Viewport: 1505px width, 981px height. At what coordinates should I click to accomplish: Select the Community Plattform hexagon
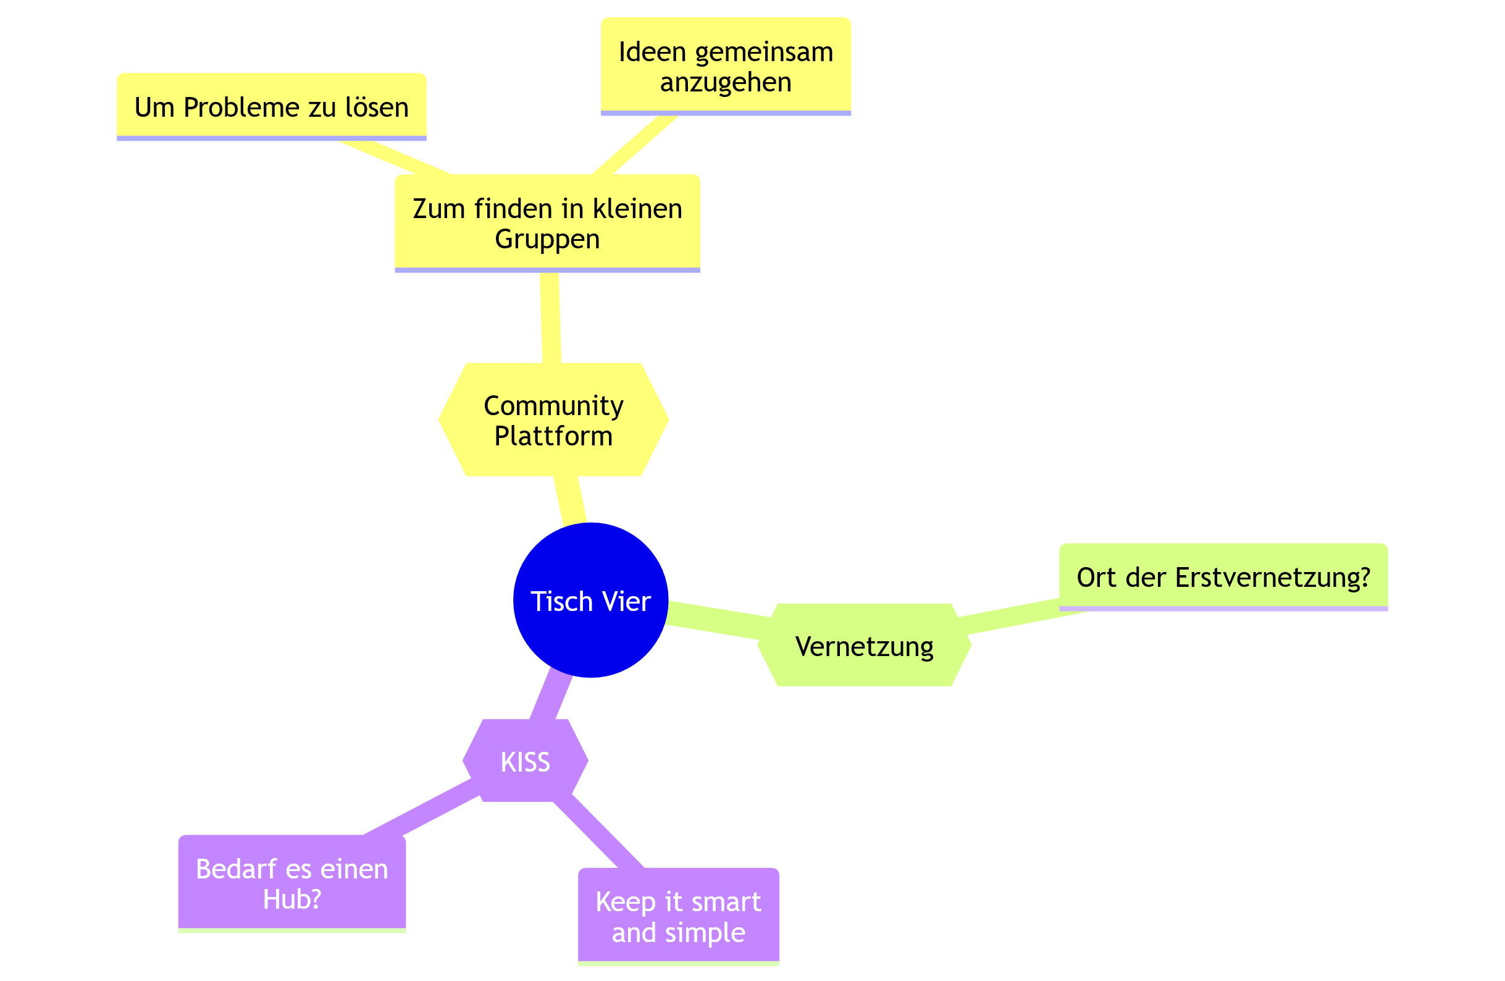553,420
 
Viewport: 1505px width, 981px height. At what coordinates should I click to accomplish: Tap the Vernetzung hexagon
864,646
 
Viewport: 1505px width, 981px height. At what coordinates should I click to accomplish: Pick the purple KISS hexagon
525,762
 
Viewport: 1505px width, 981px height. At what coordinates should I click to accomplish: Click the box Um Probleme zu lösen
271,106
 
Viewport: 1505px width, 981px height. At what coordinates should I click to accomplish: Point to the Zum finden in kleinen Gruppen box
547,222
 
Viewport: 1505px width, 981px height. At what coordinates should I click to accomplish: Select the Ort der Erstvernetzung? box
1223,577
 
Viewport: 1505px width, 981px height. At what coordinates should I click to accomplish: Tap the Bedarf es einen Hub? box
291,883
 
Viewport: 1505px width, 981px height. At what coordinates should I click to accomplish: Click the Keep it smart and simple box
678,917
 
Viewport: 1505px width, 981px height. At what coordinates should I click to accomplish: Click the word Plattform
553,436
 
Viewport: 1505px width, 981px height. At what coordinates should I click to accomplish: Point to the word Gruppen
547,239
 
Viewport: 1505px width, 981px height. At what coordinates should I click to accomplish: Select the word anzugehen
725,82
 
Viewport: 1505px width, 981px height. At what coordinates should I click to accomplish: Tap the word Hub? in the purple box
291,899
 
